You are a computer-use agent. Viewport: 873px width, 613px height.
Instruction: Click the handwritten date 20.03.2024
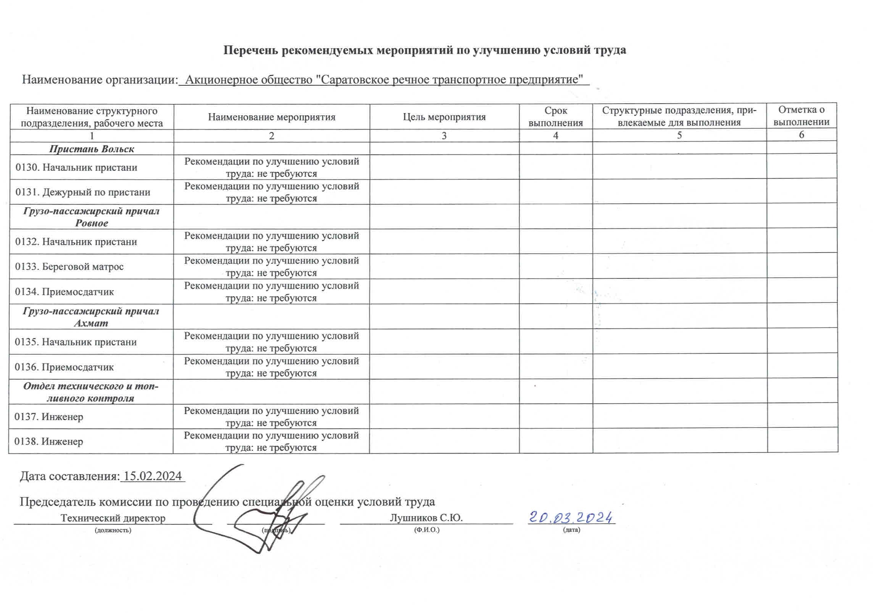point(571,518)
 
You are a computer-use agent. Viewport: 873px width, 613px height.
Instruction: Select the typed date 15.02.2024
point(153,476)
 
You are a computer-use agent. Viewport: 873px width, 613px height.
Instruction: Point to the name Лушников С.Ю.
point(426,518)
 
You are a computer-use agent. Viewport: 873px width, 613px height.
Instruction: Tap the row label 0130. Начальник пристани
point(76,167)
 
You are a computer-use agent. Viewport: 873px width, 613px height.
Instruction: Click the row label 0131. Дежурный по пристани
point(83,192)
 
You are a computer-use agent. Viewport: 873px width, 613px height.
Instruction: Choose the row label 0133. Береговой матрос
point(69,266)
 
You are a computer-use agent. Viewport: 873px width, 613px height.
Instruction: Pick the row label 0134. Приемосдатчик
point(64,292)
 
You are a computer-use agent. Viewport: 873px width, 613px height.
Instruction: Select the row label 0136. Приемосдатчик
point(64,367)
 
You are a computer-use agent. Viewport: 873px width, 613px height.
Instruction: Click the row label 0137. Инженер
point(49,416)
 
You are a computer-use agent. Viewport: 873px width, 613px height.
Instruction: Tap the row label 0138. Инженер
point(49,441)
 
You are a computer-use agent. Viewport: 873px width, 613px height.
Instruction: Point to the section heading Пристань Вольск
point(92,149)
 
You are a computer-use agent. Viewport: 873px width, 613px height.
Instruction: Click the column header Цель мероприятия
point(444,117)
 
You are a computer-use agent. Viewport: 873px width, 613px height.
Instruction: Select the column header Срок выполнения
point(555,117)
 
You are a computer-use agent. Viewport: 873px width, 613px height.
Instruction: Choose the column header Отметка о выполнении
point(801,116)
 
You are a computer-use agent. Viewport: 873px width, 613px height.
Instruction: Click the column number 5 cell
point(679,135)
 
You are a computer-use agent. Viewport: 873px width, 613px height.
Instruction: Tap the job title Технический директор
point(113,518)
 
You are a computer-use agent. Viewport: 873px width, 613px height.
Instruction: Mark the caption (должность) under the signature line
point(113,530)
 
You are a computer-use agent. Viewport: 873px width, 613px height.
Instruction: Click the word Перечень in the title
point(250,50)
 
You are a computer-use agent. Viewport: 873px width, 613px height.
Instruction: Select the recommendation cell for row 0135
point(271,342)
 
